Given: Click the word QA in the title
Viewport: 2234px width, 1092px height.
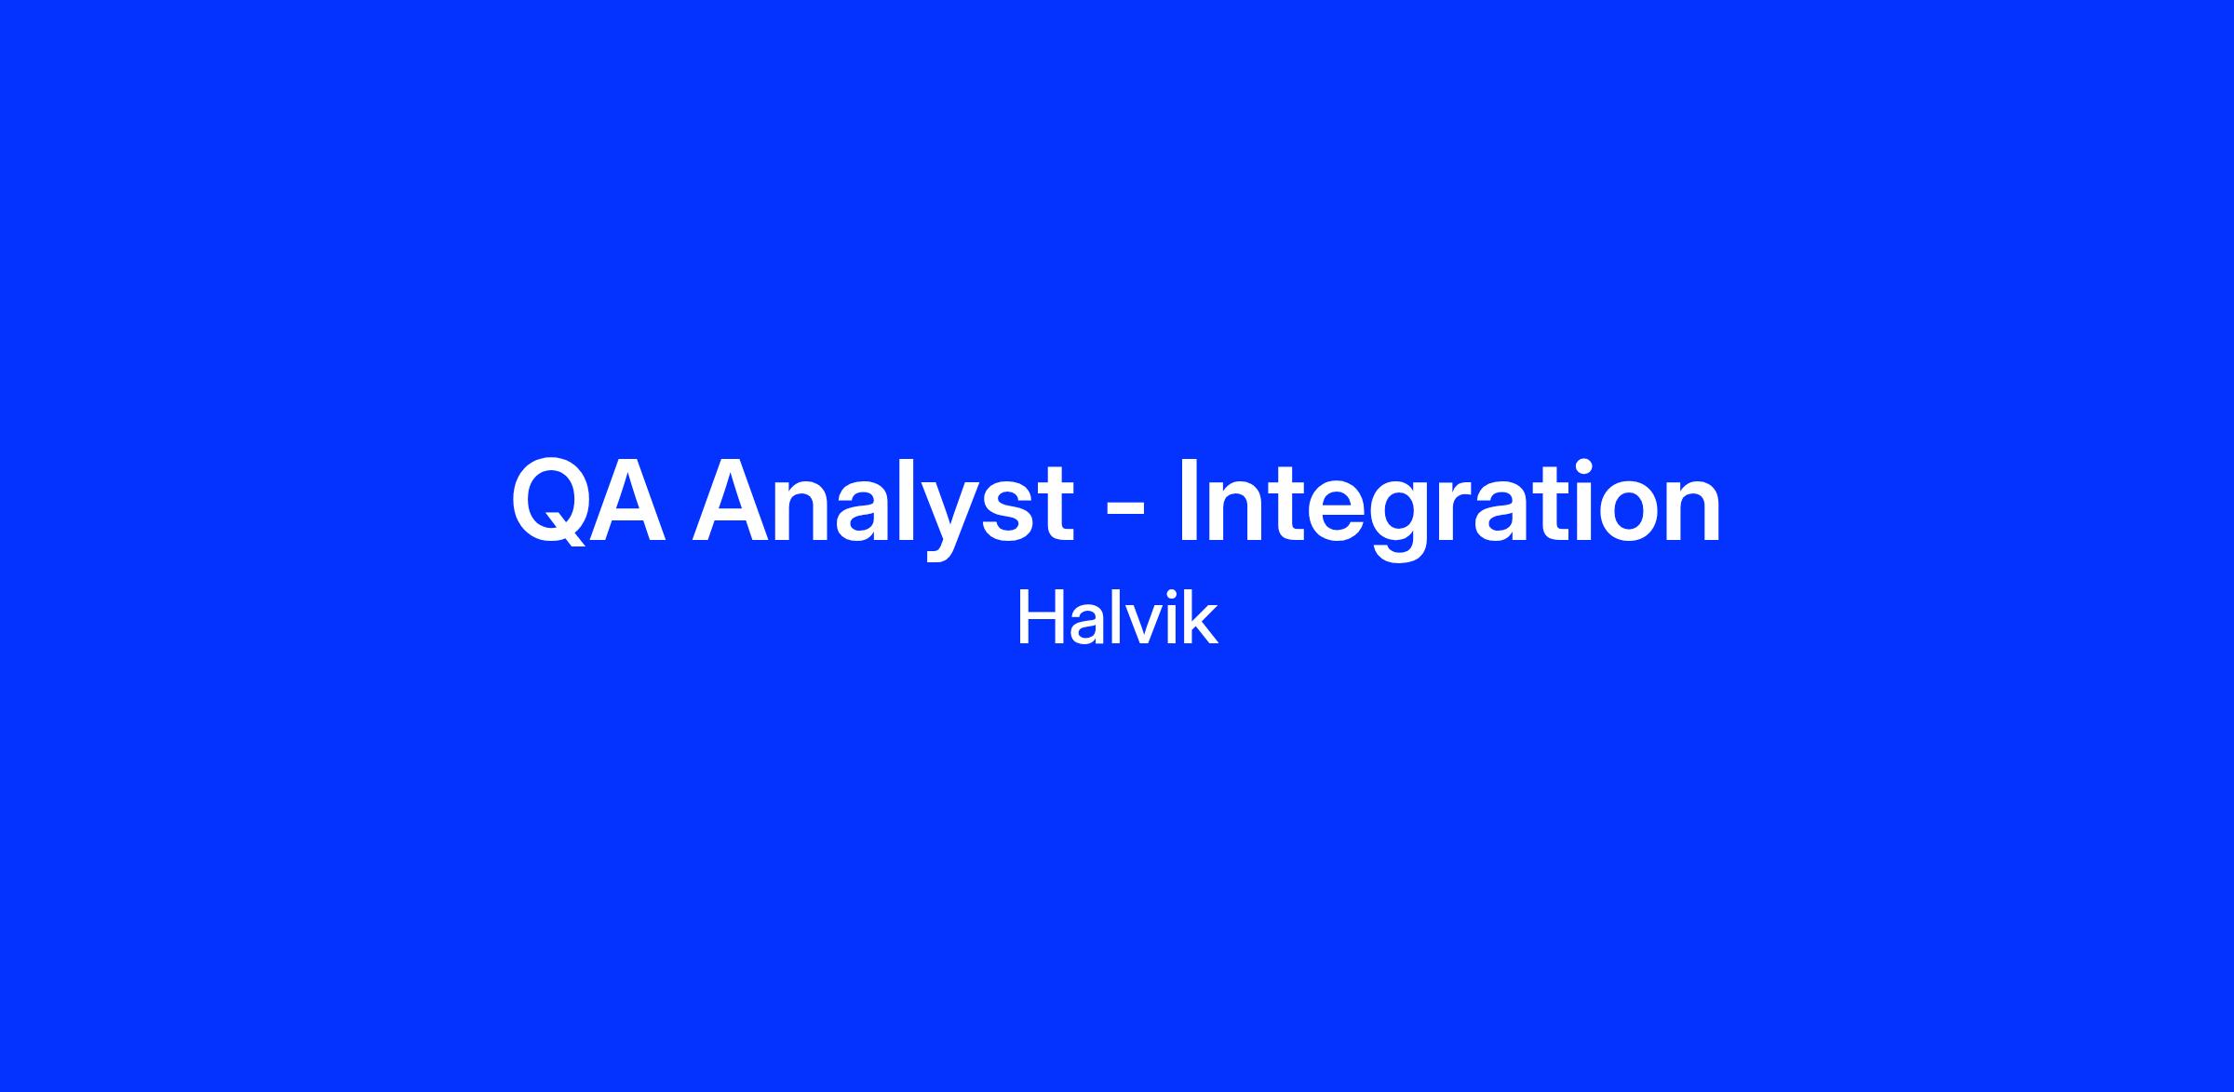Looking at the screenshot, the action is pyautogui.click(x=588, y=501).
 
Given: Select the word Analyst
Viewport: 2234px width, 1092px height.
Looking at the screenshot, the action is pyautogui.click(x=882, y=508).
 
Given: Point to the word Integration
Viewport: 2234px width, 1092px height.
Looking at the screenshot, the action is pyautogui.click(x=1449, y=508).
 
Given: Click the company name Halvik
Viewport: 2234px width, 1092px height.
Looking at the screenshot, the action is pyautogui.click(x=1117, y=618).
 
